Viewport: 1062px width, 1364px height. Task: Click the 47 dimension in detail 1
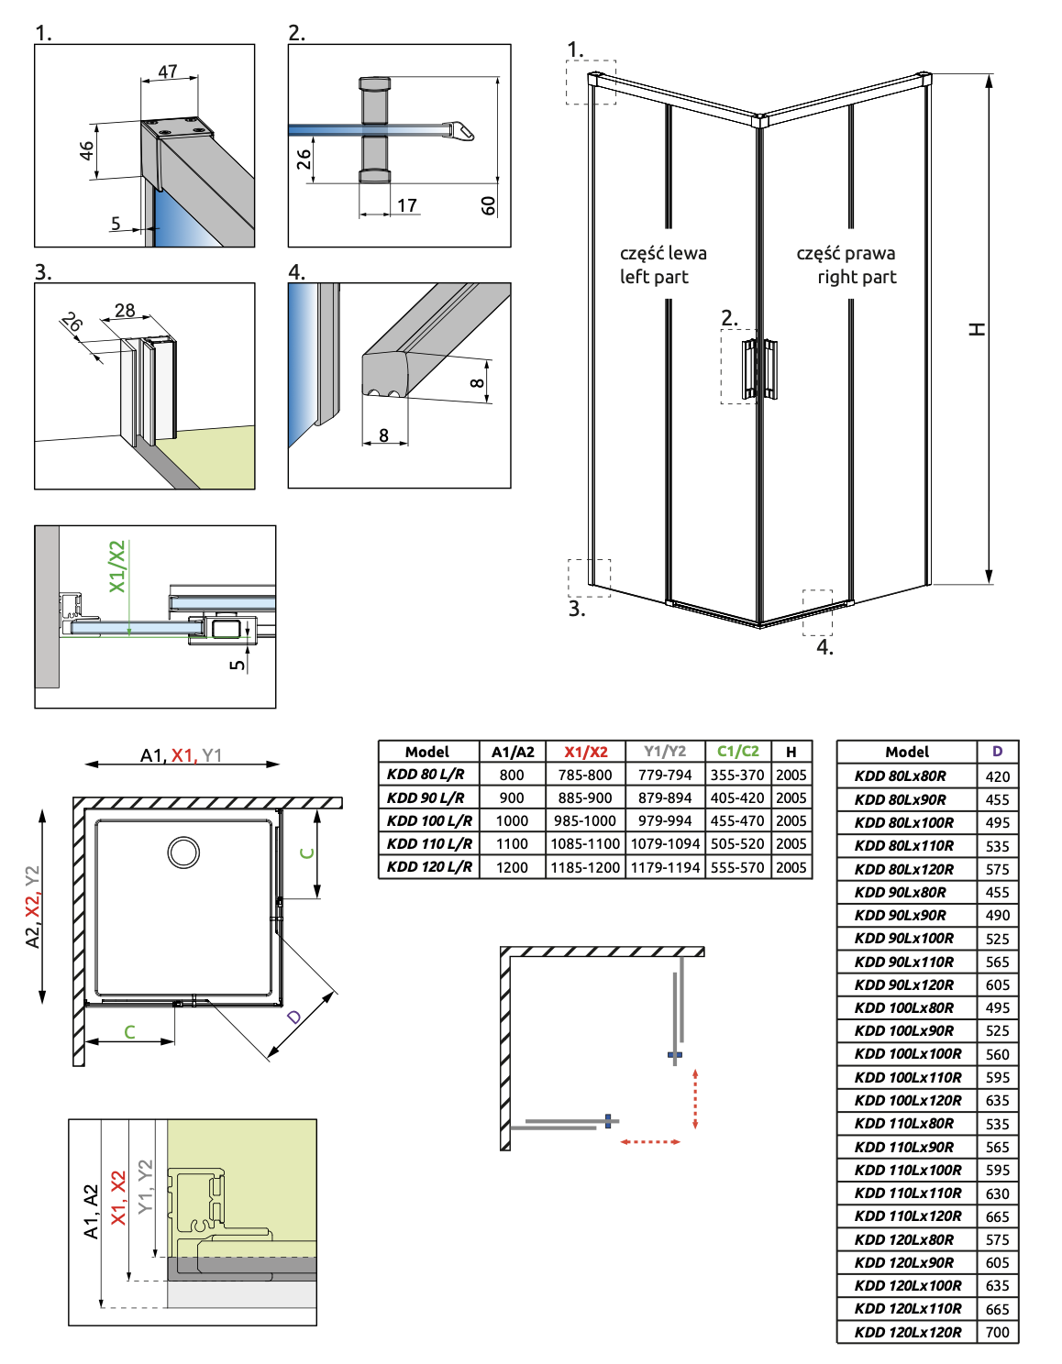coord(168,71)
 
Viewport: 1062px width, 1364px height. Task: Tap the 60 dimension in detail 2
coord(489,205)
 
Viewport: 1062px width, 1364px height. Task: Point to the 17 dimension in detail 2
coord(407,205)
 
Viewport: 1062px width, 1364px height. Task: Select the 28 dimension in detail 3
coord(125,310)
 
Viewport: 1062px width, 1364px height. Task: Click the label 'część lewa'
coord(663,253)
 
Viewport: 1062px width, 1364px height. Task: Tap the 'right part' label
coord(857,277)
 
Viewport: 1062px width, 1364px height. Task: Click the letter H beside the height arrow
coord(978,329)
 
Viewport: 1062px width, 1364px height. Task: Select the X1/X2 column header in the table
coord(585,752)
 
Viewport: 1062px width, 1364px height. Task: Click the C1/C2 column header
coord(737,752)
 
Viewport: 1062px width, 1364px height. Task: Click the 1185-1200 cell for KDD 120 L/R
coord(585,867)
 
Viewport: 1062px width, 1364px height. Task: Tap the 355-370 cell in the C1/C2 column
coord(737,775)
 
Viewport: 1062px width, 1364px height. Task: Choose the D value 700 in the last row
coord(998,1332)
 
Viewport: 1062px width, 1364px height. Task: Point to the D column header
coord(998,752)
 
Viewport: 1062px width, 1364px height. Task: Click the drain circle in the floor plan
coord(183,852)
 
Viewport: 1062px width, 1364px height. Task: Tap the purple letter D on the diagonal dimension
coord(293,1017)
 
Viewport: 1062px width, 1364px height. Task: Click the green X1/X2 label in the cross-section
coord(117,566)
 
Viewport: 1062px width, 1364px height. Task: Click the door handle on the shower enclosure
coord(759,368)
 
